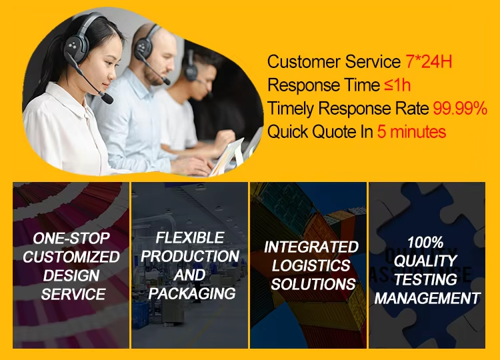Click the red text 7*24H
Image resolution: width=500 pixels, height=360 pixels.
point(429,61)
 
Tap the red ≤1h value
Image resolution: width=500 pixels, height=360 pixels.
point(397,85)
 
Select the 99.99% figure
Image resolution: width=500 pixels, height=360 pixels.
point(460,109)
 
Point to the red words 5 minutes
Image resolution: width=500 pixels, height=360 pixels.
point(411,131)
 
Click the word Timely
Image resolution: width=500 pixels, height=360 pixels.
point(291,109)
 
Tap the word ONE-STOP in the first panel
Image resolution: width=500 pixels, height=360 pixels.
point(71,238)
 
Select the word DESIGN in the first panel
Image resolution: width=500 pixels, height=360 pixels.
point(71,275)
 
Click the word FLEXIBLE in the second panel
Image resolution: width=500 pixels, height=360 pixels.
point(190,237)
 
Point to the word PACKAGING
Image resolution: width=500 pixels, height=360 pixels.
point(192,293)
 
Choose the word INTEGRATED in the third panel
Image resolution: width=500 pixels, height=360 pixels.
point(311,247)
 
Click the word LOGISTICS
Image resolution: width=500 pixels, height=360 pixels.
point(311,265)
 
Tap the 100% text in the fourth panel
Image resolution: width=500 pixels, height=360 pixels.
point(425,243)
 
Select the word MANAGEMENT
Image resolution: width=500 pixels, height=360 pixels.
point(427,299)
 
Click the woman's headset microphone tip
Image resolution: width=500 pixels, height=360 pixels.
point(107,99)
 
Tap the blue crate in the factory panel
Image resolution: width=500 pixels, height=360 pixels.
point(140,315)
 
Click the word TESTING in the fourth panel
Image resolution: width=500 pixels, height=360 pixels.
point(426,279)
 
